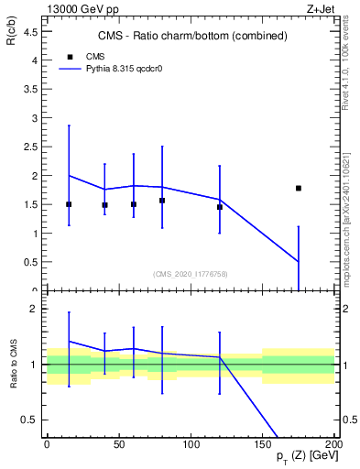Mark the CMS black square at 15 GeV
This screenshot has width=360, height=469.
(69, 204)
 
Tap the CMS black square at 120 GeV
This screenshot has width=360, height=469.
(220, 207)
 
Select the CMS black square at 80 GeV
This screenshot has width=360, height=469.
(162, 201)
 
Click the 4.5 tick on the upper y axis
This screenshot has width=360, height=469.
(33, 31)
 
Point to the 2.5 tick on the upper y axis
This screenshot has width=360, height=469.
(33, 147)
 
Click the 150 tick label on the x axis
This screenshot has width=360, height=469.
(263, 444)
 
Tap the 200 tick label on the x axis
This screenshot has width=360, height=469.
(333, 444)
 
